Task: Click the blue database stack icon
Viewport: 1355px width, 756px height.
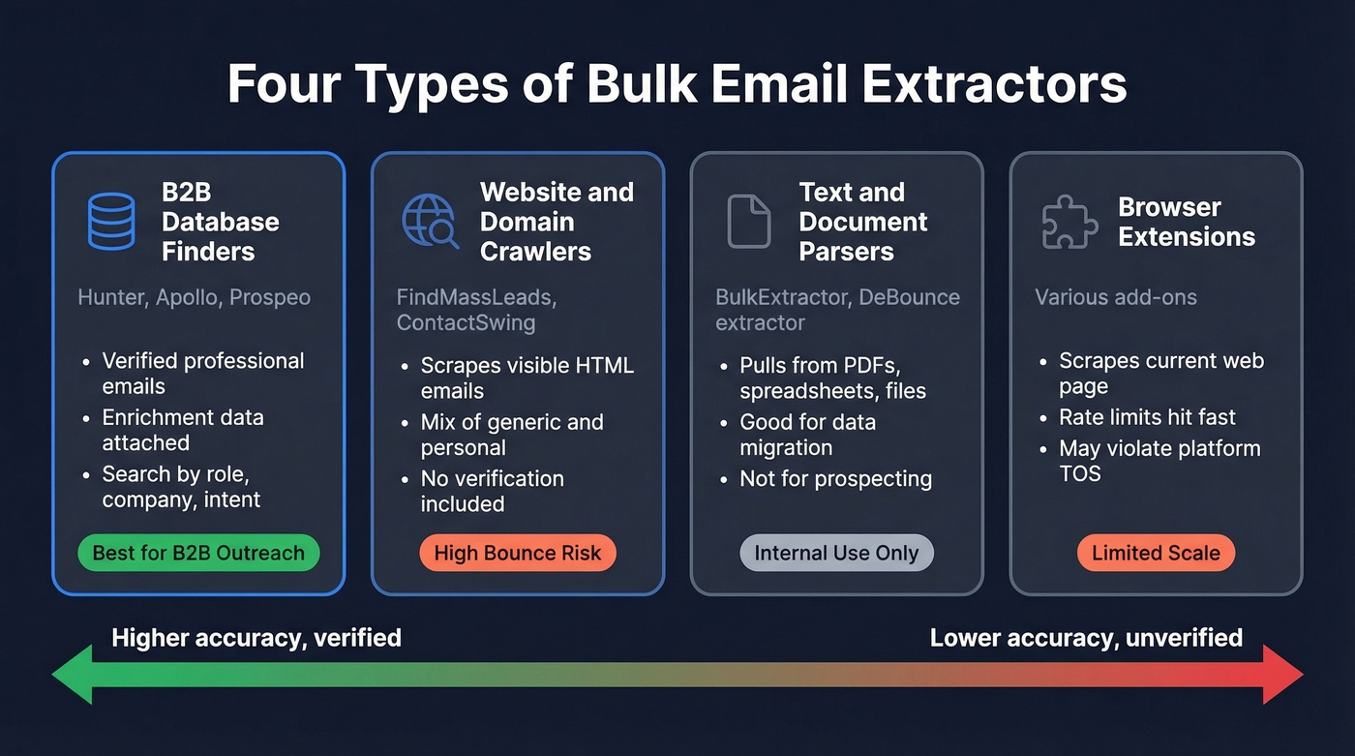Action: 111,222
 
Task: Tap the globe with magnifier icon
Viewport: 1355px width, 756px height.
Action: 430,222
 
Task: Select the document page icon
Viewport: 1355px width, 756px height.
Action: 748,222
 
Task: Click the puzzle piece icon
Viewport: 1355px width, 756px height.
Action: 1069,222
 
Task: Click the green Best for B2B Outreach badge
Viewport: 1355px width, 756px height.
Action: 198,554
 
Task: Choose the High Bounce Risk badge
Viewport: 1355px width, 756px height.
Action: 517,554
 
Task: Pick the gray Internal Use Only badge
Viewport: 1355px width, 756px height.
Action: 836,554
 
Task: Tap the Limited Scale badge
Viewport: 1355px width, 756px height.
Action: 1156,554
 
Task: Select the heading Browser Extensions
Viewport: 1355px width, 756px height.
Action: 1186,222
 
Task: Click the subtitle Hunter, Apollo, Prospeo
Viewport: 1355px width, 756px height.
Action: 194,297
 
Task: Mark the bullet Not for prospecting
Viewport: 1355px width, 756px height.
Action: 835,478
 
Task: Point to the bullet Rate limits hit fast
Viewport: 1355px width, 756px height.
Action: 1147,417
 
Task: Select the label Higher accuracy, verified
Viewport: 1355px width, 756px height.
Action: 256,638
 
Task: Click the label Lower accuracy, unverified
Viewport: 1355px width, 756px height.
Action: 1086,638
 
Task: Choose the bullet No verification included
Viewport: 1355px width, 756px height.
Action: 492,491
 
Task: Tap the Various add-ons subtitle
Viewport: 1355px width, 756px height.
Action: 1115,297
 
